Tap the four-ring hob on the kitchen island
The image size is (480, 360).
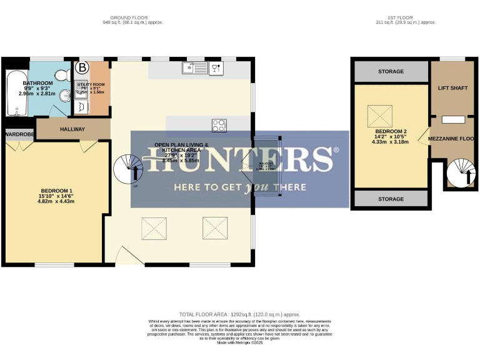coord(219,125)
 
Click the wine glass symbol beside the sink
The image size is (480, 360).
coord(216,68)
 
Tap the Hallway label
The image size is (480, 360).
coord(72,129)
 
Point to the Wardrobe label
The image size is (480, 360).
coord(17,134)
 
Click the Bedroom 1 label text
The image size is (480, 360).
coord(57,194)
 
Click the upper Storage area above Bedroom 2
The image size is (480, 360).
coord(391,72)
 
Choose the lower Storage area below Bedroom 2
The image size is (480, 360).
coord(391,199)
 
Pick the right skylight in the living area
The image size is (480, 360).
coord(214,227)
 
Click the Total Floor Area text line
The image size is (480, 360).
coord(240,314)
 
